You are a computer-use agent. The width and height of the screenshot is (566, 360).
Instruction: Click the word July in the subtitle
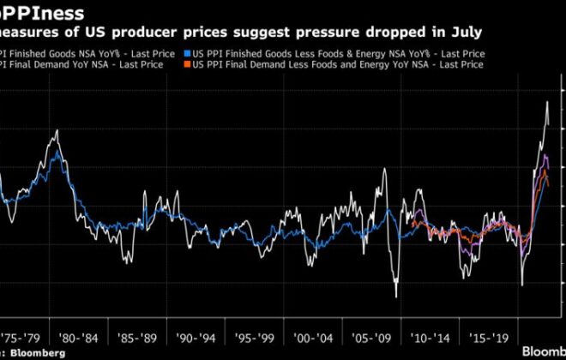coord(464,32)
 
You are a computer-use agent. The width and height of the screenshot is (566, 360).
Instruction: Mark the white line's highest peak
coord(547,102)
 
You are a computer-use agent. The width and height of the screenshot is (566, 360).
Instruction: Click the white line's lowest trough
coord(396,297)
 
